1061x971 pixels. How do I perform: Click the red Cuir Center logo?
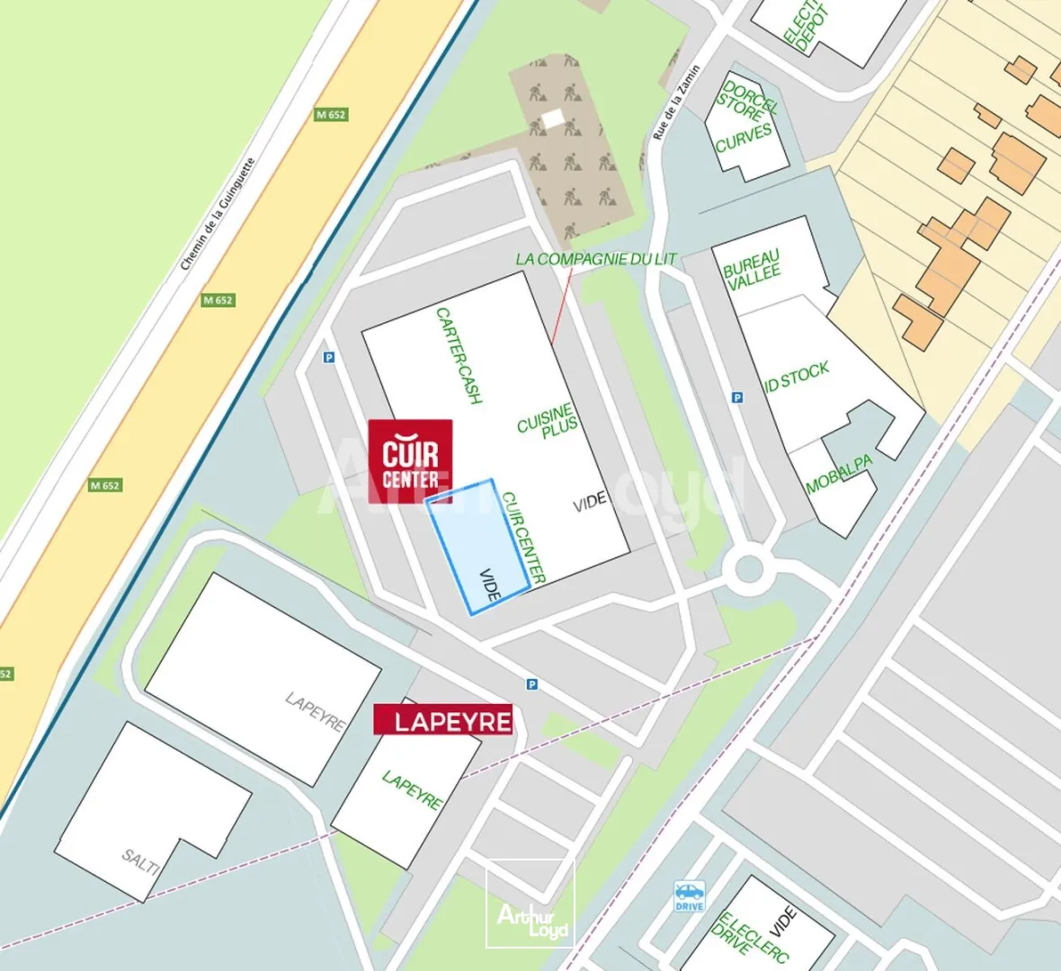pos(411,460)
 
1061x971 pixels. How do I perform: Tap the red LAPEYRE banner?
pos(442,719)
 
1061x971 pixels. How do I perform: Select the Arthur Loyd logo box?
pos(530,904)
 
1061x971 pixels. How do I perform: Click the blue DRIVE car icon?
pos(690,895)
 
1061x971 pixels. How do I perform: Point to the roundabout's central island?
pos(748,569)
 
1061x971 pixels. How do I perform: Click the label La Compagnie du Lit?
pos(595,259)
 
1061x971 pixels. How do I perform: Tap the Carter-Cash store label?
pos(459,355)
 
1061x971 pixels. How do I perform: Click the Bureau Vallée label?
pos(753,271)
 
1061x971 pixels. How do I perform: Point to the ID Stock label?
pos(797,378)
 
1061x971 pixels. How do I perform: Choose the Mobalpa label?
pos(839,476)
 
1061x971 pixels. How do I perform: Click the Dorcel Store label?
pos(745,102)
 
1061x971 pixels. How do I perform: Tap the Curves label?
pos(744,138)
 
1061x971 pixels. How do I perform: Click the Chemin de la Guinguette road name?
pos(218,214)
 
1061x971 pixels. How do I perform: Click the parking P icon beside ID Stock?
pos(737,397)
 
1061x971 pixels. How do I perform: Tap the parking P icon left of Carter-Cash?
pos(329,358)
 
